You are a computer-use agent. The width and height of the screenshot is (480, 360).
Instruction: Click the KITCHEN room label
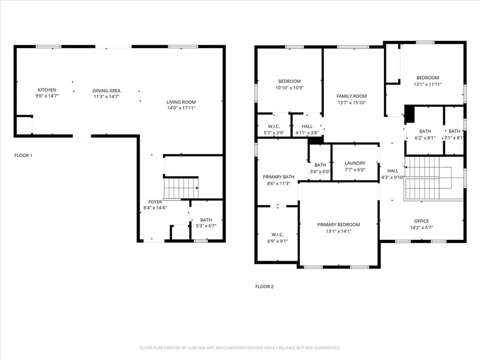point(47,90)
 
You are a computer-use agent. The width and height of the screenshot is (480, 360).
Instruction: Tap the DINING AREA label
point(106,91)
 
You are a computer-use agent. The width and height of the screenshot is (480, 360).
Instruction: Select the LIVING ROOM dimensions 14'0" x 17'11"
point(181,108)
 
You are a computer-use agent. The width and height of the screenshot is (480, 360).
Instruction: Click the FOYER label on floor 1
point(155,202)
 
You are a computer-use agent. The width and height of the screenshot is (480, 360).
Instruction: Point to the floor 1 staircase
point(181,187)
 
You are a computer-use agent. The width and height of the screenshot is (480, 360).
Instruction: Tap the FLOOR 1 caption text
point(23,155)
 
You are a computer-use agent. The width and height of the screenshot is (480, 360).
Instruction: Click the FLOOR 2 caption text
point(264,286)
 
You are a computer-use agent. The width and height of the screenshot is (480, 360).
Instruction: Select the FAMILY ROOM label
point(352,96)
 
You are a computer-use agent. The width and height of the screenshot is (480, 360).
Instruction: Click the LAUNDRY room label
point(355,163)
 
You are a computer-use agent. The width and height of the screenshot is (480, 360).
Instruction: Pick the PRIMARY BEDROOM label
point(338,225)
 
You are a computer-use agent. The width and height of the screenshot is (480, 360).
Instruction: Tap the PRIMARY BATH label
point(278,177)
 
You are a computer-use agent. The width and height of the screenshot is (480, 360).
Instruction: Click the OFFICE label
point(421,221)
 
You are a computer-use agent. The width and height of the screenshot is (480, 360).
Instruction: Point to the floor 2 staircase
point(422,178)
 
